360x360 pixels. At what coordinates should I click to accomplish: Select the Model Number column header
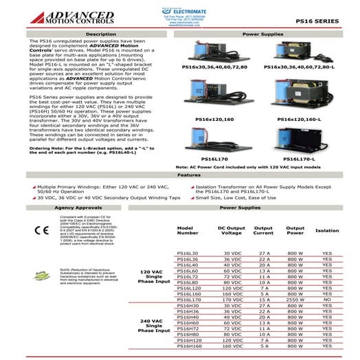click(188, 230)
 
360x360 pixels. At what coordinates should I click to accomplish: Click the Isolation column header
click(326, 230)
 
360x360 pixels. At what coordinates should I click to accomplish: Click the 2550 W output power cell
click(295, 300)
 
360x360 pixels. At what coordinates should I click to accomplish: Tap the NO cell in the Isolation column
click(326, 300)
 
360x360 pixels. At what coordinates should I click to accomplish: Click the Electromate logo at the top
click(180, 10)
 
